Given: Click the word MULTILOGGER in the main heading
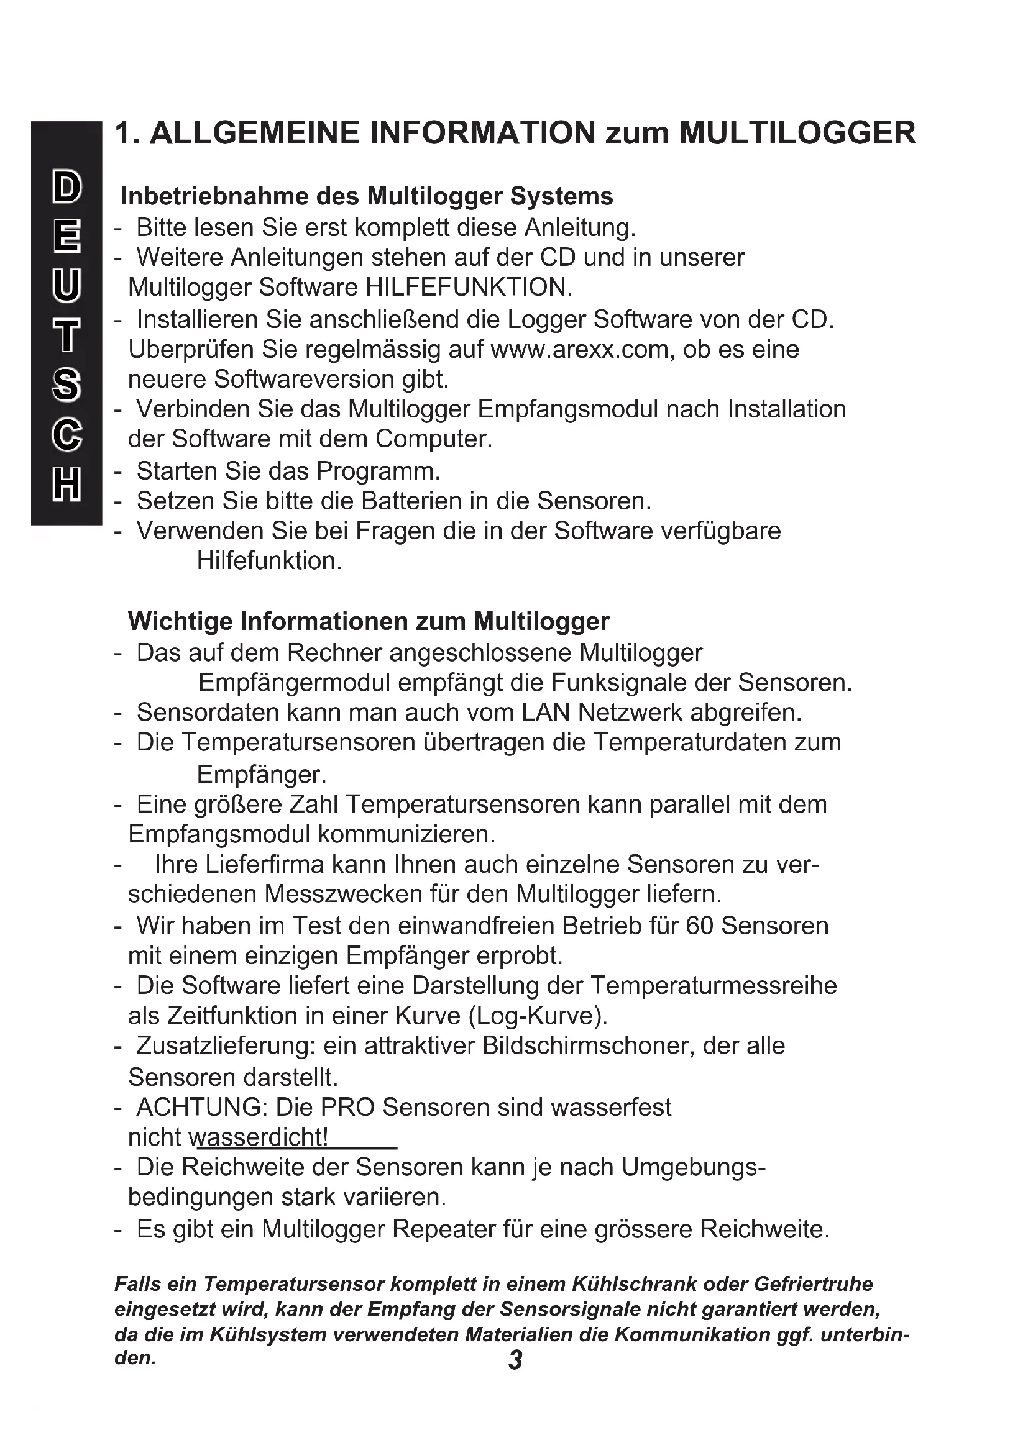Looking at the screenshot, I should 797,134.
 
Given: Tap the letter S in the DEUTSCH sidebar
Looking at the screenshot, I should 67,385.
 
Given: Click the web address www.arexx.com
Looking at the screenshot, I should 580,349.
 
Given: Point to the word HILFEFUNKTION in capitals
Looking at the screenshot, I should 469,288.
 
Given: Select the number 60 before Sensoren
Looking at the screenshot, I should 699,926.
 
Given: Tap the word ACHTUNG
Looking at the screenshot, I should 203,1108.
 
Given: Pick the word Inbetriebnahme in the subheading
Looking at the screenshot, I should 215,197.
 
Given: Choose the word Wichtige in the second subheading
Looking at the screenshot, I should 180,621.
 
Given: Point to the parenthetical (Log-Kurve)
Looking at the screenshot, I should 538,1016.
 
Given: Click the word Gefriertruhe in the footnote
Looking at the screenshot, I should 814,1284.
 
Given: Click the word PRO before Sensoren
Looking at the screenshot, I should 347,1108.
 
